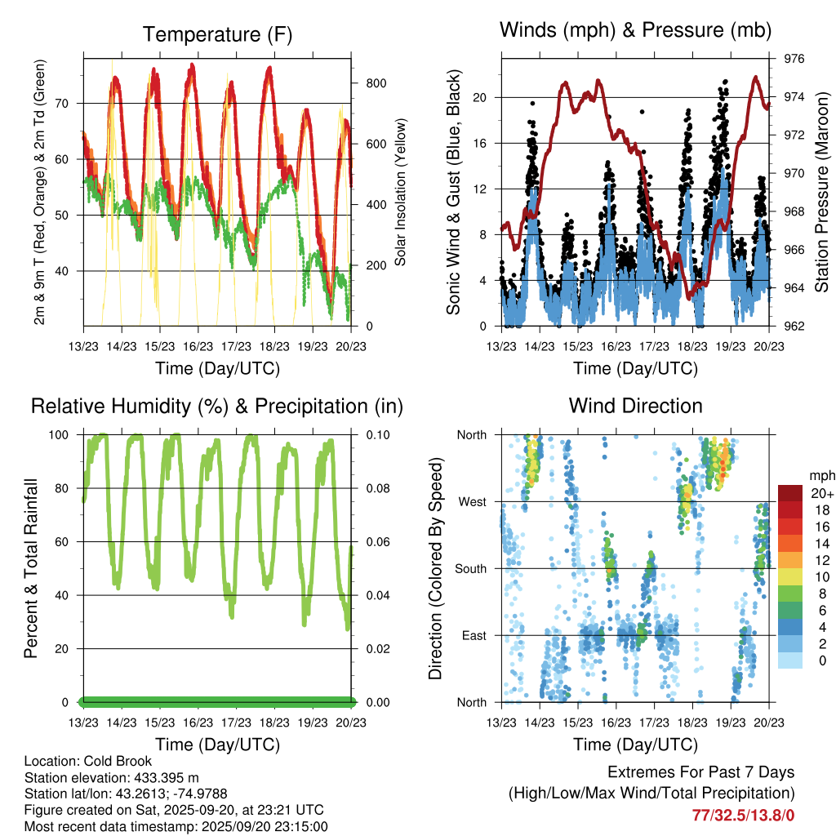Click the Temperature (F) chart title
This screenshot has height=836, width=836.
click(217, 34)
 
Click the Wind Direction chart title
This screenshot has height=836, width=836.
click(635, 405)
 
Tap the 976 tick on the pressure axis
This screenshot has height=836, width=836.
click(795, 59)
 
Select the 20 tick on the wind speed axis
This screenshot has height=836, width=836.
click(479, 97)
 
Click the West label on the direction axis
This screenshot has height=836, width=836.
click(472, 501)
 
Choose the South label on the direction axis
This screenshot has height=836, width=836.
click(469, 568)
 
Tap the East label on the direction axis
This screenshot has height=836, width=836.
click(473, 635)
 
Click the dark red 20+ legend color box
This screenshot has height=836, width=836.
click(791, 493)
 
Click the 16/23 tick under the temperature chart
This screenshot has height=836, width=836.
click(198, 345)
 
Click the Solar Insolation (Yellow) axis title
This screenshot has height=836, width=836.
click(401, 193)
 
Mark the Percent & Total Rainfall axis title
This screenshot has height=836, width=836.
click(30, 568)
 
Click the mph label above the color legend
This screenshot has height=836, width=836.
click(820, 475)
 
